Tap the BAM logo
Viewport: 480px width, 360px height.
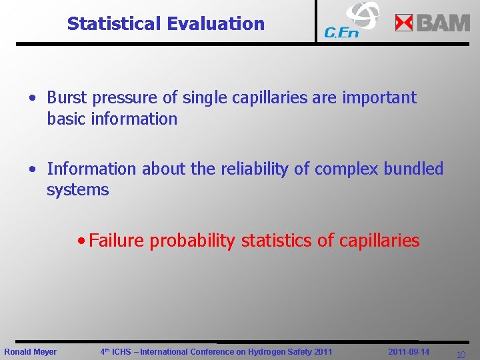[433, 23]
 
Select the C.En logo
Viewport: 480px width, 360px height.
[351, 21]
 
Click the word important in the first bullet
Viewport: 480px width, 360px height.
[379, 97]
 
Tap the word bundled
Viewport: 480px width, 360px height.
[413, 169]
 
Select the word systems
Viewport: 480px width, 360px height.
[77, 190]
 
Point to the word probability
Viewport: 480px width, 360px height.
[192, 241]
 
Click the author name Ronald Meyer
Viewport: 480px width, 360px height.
[31, 352]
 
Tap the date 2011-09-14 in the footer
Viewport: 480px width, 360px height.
[409, 351]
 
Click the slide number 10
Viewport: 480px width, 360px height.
[460, 355]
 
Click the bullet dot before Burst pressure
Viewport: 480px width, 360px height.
[32, 98]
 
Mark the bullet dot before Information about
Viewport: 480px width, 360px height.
[32, 169]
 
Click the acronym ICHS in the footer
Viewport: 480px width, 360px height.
[122, 352]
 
